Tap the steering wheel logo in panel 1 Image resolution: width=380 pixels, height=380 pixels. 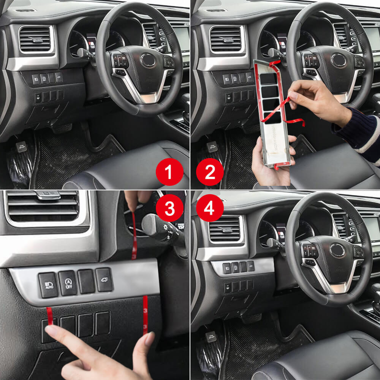click(147, 60)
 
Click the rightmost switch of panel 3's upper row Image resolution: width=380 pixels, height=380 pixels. click(104, 280)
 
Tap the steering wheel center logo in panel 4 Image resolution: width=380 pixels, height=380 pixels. click(337, 250)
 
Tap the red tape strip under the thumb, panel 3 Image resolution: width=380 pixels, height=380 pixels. click(145, 315)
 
